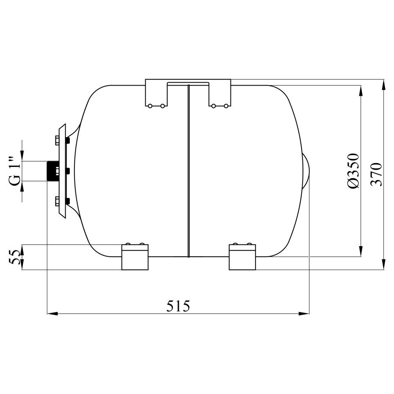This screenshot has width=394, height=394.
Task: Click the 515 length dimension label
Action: click(x=178, y=306)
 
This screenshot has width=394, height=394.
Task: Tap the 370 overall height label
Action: click(x=376, y=174)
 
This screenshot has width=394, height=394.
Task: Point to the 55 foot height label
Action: click(x=14, y=257)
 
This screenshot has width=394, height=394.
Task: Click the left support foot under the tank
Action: click(x=135, y=257)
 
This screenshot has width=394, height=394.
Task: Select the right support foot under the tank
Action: click(x=242, y=257)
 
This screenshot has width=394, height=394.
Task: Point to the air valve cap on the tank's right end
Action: click(x=306, y=171)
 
